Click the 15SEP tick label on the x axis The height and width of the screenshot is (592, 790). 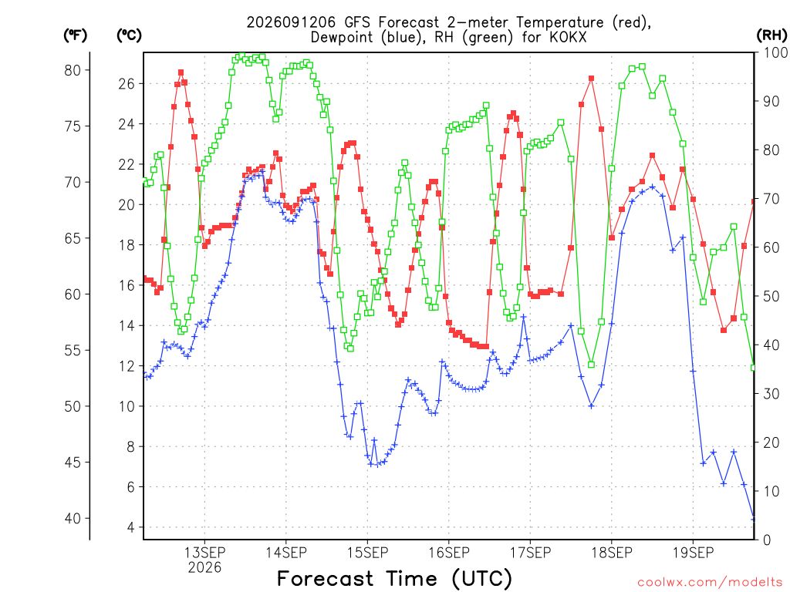[367, 552]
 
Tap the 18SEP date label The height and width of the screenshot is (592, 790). [612, 552]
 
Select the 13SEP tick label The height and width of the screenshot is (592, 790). [204, 552]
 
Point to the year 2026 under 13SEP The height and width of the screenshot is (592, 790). [204, 567]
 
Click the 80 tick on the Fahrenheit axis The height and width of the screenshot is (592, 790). [73, 70]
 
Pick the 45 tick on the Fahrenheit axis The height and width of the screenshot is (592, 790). [73, 462]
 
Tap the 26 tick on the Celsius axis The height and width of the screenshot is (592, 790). [127, 83]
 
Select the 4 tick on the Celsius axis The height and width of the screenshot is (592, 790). [131, 527]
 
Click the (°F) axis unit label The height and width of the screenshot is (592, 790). [75, 35]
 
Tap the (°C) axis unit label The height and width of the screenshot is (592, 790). [129, 35]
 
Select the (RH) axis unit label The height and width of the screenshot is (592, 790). [771, 35]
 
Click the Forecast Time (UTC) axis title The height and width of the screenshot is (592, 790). [394, 579]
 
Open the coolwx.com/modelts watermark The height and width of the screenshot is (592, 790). [710, 583]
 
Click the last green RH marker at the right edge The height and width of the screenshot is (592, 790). [754, 368]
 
